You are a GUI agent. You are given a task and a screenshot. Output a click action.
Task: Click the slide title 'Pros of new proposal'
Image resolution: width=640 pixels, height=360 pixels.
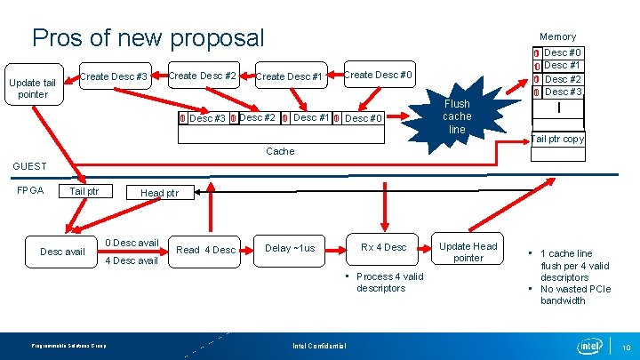(x=148, y=38)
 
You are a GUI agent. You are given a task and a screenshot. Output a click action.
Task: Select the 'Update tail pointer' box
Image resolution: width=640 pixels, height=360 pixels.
(x=32, y=89)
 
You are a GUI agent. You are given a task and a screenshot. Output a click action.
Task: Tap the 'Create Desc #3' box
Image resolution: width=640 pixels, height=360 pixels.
(x=114, y=76)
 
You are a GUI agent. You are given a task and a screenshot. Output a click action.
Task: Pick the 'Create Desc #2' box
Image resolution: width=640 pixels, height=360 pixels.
(x=202, y=76)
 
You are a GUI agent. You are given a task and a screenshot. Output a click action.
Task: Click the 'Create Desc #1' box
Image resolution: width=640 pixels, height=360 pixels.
(x=289, y=76)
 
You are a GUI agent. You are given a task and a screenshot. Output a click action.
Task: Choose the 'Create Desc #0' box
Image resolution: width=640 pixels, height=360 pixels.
(x=378, y=75)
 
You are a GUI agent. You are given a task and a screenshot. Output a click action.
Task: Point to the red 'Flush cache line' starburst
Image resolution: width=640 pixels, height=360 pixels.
(x=457, y=116)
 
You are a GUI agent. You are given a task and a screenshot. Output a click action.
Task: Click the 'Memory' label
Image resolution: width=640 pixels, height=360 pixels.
(x=557, y=36)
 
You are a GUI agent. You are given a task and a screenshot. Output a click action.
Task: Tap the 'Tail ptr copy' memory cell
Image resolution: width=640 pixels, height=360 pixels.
(x=558, y=139)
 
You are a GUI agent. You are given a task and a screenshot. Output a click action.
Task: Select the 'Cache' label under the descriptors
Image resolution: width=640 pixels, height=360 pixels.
(x=280, y=151)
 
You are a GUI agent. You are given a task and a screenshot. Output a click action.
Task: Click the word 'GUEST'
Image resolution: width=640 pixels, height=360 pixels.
(x=29, y=166)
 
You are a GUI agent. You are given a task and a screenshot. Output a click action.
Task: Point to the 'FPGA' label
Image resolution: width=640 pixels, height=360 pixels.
(x=30, y=190)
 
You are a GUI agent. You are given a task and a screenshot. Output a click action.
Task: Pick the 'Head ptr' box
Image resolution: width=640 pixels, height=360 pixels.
(x=159, y=193)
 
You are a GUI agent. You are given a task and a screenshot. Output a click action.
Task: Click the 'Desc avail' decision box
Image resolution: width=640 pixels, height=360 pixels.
(x=62, y=252)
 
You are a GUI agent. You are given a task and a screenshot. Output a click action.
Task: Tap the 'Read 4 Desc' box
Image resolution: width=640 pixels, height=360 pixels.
(x=206, y=250)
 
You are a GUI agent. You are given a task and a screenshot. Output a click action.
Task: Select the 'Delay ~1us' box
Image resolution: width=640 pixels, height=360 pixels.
(x=290, y=248)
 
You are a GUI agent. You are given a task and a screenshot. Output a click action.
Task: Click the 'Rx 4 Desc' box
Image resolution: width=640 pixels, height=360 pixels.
(x=383, y=247)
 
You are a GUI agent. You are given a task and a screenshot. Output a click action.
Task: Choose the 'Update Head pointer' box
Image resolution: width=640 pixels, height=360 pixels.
(x=468, y=252)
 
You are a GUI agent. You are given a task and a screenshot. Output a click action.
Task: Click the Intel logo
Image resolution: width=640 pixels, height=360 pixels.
(x=589, y=345)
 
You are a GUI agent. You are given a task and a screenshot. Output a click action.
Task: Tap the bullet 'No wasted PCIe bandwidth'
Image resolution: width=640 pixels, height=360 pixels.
(x=576, y=295)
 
